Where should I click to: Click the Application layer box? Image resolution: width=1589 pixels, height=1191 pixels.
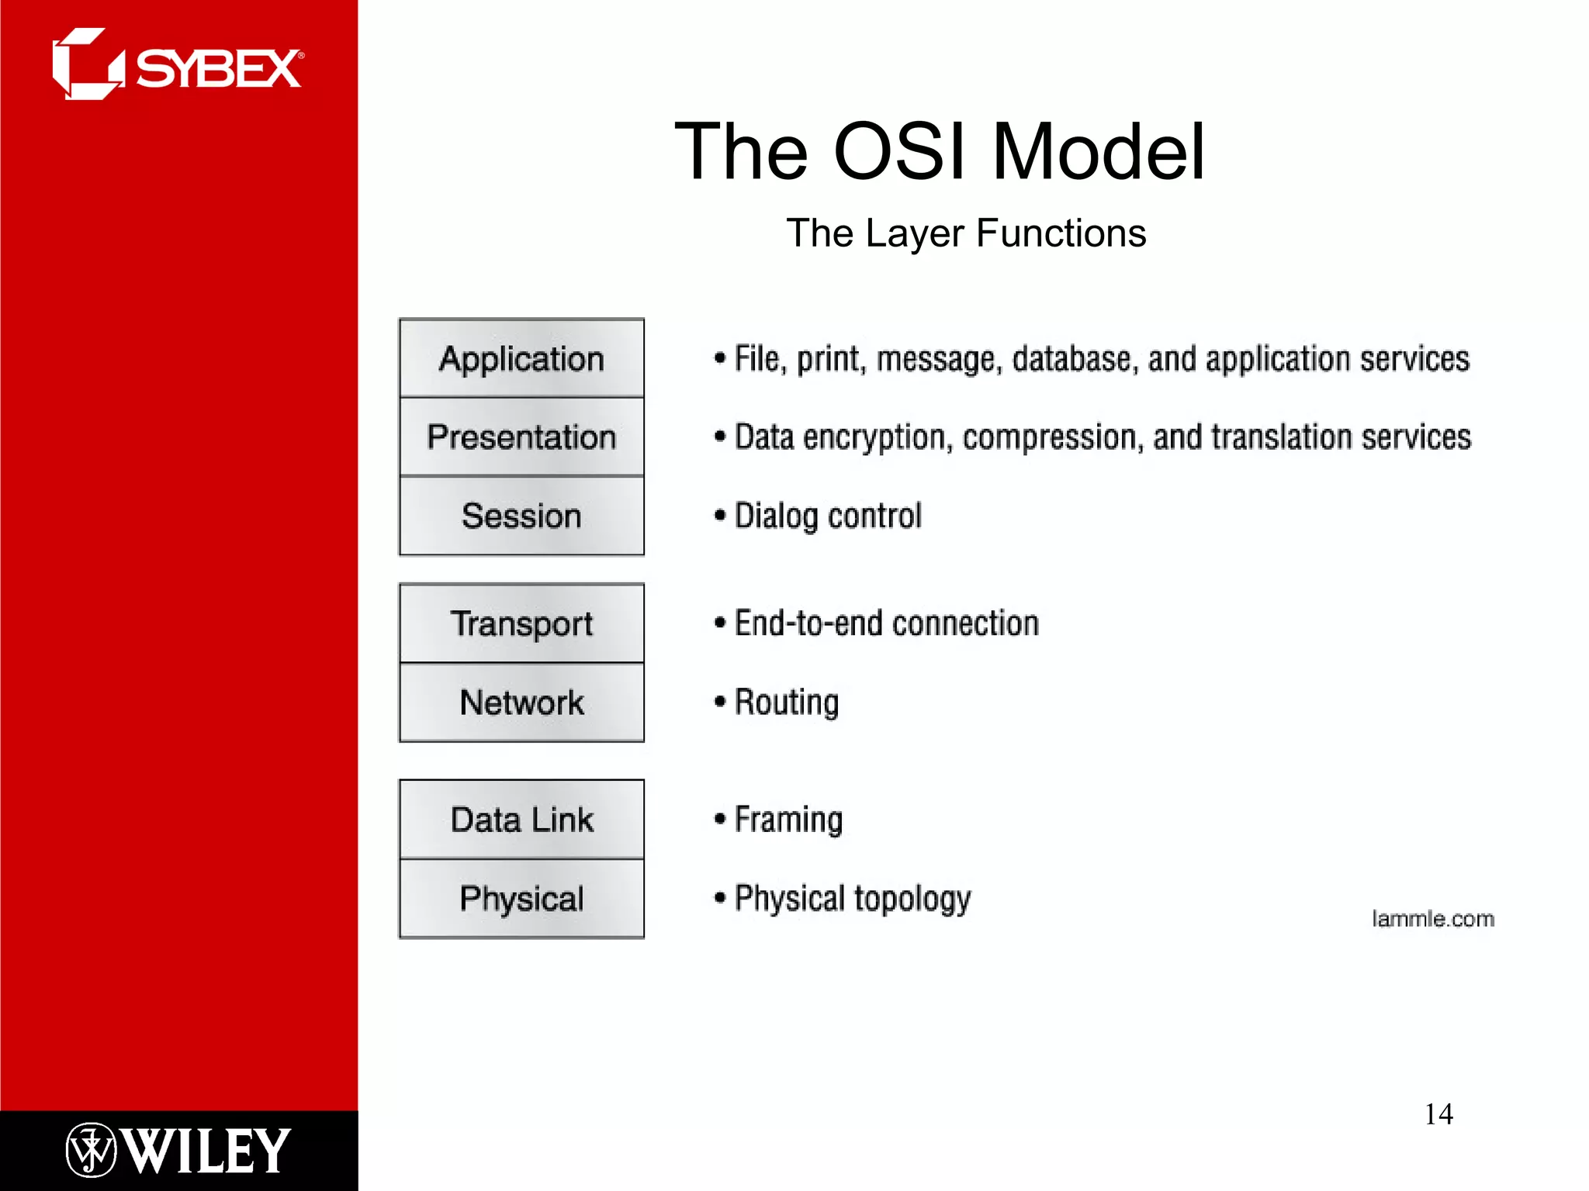click(x=521, y=358)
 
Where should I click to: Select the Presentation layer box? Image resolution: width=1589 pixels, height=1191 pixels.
click(x=521, y=437)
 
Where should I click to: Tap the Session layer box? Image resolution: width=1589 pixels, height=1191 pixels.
click(x=521, y=516)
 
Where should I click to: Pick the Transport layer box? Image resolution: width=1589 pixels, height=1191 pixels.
click(x=521, y=623)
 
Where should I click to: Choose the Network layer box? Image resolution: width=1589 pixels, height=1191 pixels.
click(x=521, y=703)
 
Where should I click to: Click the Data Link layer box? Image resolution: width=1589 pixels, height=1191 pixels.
click(x=521, y=820)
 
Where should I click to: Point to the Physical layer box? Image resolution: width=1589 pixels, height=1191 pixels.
click(x=521, y=899)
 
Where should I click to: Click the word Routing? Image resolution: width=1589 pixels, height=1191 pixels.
click(x=786, y=703)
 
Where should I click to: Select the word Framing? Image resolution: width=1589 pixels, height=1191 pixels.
click(x=788, y=820)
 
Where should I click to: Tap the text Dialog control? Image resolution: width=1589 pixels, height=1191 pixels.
click(x=827, y=516)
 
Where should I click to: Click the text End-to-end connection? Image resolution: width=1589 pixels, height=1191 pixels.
click(x=886, y=623)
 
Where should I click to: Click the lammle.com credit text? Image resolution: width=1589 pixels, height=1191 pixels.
click(x=1432, y=919)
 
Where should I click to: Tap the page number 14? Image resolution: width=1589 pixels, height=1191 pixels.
click(x=1438, y=1114)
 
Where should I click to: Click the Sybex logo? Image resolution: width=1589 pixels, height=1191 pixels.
click(x=178, y=66)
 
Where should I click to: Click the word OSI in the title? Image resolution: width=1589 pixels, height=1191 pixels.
click(x=899, y=152)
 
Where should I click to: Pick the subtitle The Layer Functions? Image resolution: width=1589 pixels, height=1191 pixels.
click(x=966, y=233)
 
